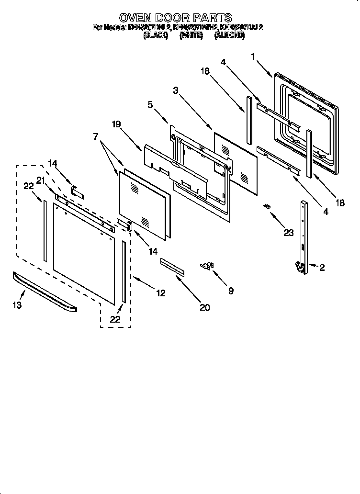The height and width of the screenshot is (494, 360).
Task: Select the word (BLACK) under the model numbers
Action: (156, 35)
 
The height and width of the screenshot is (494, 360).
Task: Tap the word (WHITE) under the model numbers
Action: (190, 35)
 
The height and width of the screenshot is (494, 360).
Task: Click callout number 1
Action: (253, 56)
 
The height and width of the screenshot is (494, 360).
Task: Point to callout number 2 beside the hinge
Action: (322, 268)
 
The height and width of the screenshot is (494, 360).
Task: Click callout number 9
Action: (231, 291)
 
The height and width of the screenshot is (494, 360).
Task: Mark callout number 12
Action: (161, 293)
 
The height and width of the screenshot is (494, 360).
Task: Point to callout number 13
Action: (17, 305)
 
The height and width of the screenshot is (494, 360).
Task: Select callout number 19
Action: (116, 124)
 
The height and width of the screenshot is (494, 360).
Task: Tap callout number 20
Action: (204, 307)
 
